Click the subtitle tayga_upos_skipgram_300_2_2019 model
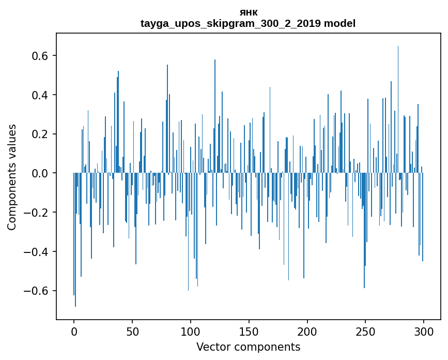[x=248, y=23]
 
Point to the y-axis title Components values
[x=12, y=177]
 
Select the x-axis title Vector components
[x=248, y=347]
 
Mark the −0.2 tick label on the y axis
[x=37, y=213]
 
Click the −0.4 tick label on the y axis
[x=37, y=252]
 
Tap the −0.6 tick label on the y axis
[x=37, y=291]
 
